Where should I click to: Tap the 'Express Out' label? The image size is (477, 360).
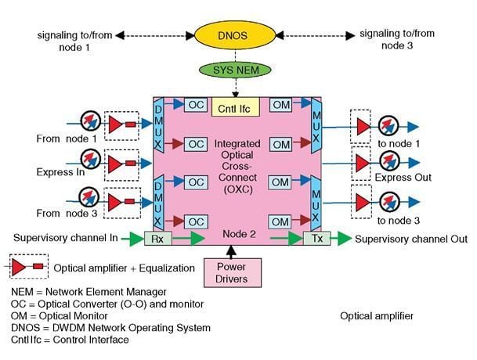tap(405, 178)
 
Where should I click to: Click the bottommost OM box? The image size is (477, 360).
tap(280, 222)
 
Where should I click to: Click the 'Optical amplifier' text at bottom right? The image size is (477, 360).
tap(377, 316)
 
